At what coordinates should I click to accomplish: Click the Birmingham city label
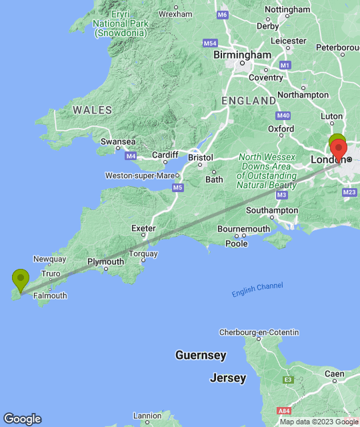pyautogui.click(x=243, y=55)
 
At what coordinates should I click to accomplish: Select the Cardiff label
pyautogui.click(x=165, y=155)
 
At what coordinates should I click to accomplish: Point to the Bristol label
pyautogui.click(x=200, y=158)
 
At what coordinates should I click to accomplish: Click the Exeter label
pyautogui.click(x=143, y=228)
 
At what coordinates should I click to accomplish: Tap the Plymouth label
pyautogui.click(x=106, y=262)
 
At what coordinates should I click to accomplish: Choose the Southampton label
pyautogui.click(x=272, y=210)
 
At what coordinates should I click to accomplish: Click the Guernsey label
pyautogui.click(x=201, y=356)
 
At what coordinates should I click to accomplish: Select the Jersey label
pyautogui.click(x=228, y=378)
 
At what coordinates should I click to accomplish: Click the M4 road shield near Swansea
pyautogui.click(x=131, y=156)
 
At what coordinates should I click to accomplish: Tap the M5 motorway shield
pyautogui.click(x=177, y=188)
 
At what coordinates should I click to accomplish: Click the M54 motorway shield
pyautogui.click(x=211, y=43)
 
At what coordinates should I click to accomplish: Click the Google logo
pyautogui.click(x=22, y=419)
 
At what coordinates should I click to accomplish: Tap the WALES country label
pyautogui.click(x=93, y=109)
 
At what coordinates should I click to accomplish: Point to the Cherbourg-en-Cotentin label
pyautogui.click(x=260, y=332)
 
